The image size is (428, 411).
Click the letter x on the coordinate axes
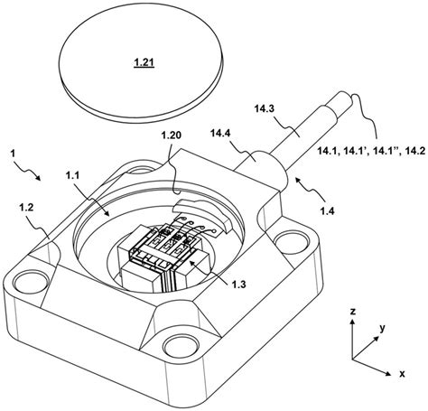[413, 370]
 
